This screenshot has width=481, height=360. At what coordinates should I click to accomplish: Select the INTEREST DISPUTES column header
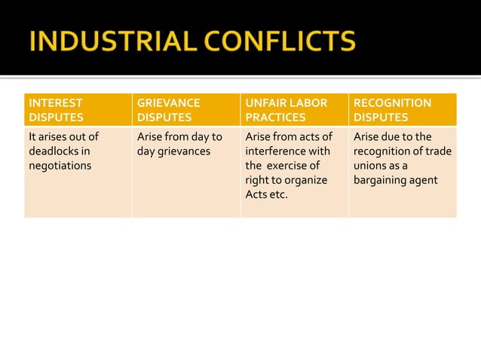[78, 110]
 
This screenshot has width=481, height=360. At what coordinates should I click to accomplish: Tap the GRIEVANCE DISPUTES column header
[185, 110]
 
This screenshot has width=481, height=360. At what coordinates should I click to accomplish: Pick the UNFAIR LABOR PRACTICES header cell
[293, 110]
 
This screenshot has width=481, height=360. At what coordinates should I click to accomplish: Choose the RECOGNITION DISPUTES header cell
[402, 110]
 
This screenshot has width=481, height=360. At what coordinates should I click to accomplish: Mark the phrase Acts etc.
[266, 195]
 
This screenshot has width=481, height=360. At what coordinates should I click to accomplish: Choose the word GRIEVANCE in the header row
[168, 102]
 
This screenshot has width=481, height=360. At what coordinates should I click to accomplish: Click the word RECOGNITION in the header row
[392, 102]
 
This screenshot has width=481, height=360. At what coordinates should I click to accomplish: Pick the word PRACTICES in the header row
[275, 117]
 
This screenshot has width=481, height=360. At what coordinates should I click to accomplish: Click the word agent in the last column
[424, 180]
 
